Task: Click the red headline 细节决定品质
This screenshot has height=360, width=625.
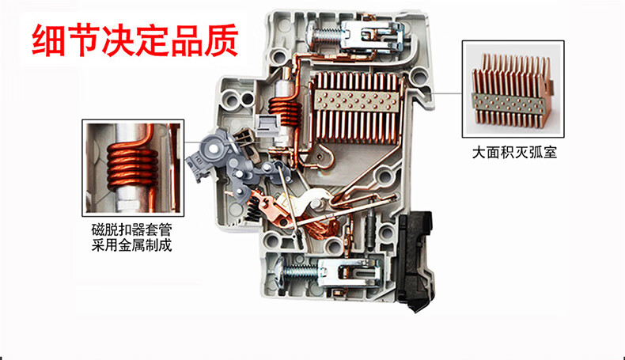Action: (x=135, y=40)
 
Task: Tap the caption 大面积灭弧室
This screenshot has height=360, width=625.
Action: (x=514, y=152)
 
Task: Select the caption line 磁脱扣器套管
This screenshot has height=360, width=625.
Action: (x=132, y=229)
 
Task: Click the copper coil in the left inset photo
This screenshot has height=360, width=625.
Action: (x=132, y=168)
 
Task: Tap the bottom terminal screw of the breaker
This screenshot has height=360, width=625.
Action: (x=298, y=272)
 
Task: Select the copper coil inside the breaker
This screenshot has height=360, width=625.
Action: (x=285, y=112)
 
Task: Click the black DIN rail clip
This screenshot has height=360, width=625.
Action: (x=414, y=260)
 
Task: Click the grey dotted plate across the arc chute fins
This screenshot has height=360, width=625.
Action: (x=357, y=100)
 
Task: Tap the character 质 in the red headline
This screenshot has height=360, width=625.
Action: (x=222, y=40)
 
